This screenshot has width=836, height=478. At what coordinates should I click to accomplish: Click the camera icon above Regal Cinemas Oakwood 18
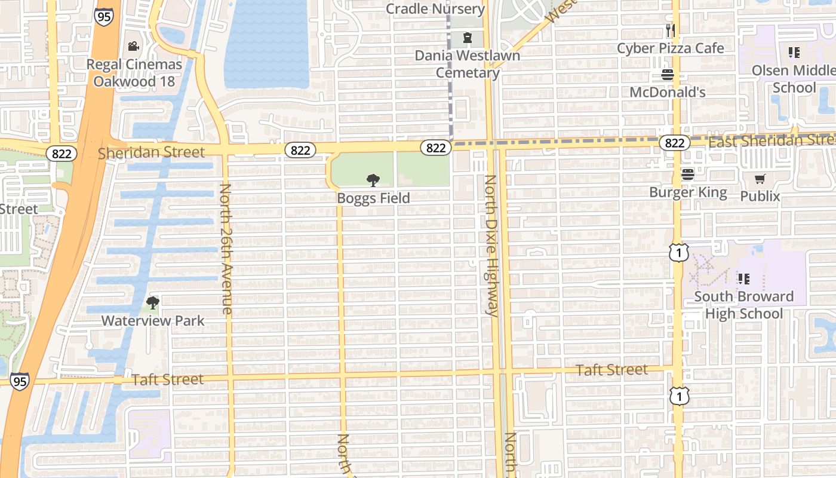(x=133, y=46)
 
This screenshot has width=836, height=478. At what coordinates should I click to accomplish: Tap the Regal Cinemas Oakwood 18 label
(x=134, y=72)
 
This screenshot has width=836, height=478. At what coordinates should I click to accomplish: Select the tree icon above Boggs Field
(x=373, y=180)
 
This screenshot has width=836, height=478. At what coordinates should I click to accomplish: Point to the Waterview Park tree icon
(x=153, y=303)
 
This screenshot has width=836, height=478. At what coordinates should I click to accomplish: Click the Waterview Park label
(x=153, y=321)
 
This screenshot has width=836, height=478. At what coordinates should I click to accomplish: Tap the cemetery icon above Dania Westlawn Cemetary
(x=467, y=38)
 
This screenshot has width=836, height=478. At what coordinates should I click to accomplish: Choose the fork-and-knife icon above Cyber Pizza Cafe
(x=671, y=30)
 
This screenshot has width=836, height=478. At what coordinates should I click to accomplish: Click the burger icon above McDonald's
(x=668, y=75)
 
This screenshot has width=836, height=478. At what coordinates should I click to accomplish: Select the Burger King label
(x=688, y=192)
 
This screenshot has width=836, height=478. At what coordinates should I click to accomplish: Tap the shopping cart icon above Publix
(x=760, y=179)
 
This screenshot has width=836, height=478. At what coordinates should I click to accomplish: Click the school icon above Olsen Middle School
(x=794, y=53)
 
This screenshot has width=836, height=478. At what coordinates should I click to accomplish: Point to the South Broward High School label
(x=743, y=305)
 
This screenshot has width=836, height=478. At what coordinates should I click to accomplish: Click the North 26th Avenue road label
(x=226, y=249)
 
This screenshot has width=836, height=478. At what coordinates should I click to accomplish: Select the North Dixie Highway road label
(x=491, y=245)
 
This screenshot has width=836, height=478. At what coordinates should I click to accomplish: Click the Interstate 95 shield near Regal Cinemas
(x=103, y=16)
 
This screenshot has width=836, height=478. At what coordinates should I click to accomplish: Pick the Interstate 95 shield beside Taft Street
(x=19, y=381)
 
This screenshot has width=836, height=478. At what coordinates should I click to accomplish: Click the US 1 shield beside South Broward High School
(x=678, y=253)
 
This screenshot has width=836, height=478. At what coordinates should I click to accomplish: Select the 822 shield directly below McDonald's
(x=675, y=143)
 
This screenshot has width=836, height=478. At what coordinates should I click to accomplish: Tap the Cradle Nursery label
(x=435, y=9)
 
